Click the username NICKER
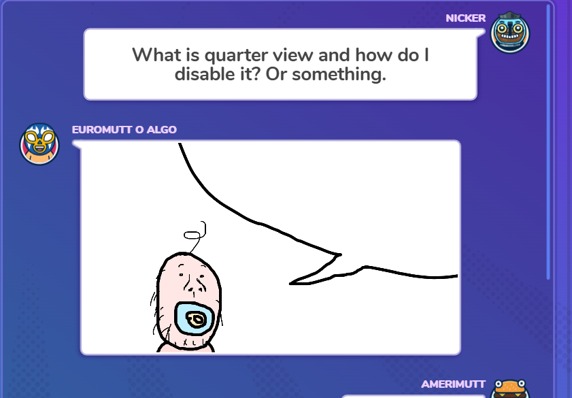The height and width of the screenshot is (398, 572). [465, 18]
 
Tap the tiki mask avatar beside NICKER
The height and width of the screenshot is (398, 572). [510, 33]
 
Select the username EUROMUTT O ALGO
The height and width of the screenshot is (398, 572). [124, 129]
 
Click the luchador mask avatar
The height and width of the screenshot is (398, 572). [39, 144]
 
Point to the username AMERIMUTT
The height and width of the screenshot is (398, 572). [453, 384]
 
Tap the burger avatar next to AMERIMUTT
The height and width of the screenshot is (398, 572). [510, 390]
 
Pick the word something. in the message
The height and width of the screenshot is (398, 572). [339, 75]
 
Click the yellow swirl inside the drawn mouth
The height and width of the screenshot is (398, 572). [197, 320]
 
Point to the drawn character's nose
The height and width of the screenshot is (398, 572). [192, 285]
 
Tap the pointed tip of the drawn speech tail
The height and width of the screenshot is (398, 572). [290, 283]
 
